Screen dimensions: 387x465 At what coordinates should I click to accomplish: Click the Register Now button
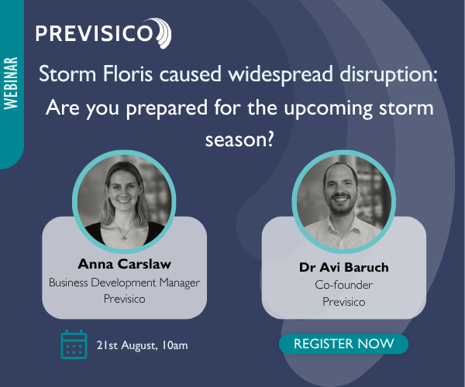click(343, 344)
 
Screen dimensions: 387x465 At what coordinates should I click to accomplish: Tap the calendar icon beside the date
click(74, 344)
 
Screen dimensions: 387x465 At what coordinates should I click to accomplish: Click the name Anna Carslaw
click(124, 264)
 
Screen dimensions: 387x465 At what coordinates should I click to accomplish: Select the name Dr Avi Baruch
click(343, 268)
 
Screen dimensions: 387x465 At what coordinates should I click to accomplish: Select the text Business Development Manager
click(124, 283)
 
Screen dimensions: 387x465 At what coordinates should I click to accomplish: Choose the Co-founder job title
click(343, 285)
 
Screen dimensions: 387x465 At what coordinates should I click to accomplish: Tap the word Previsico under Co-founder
click(343, 301)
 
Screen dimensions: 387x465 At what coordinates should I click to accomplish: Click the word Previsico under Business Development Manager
click(124, 298)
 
